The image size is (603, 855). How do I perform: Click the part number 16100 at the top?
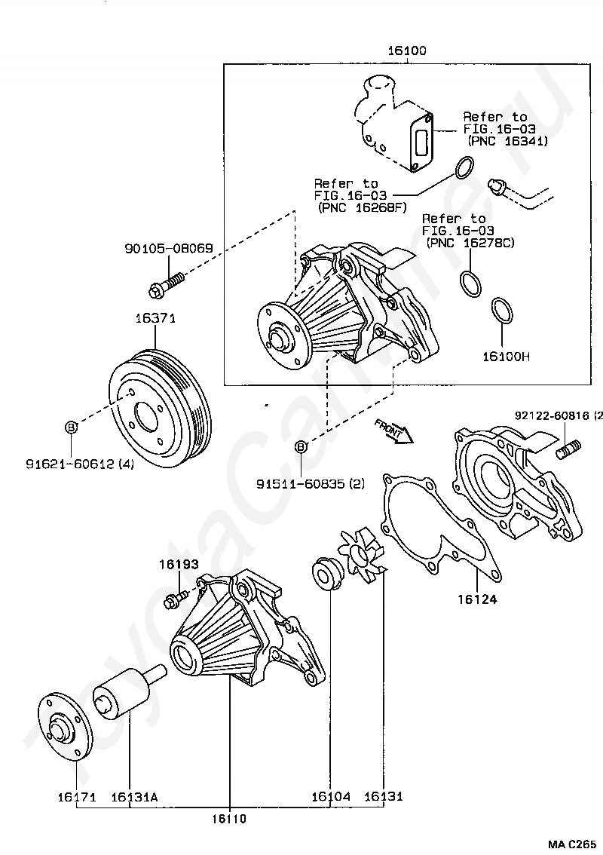tap(407, 51)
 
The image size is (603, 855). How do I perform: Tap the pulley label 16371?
tap(155, 319)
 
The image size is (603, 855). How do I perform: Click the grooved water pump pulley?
tap(161, 408)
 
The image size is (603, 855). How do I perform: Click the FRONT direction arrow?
tap(392, 431)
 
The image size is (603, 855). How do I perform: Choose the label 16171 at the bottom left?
tap(75, 796)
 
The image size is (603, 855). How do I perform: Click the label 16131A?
tap(134, 796)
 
